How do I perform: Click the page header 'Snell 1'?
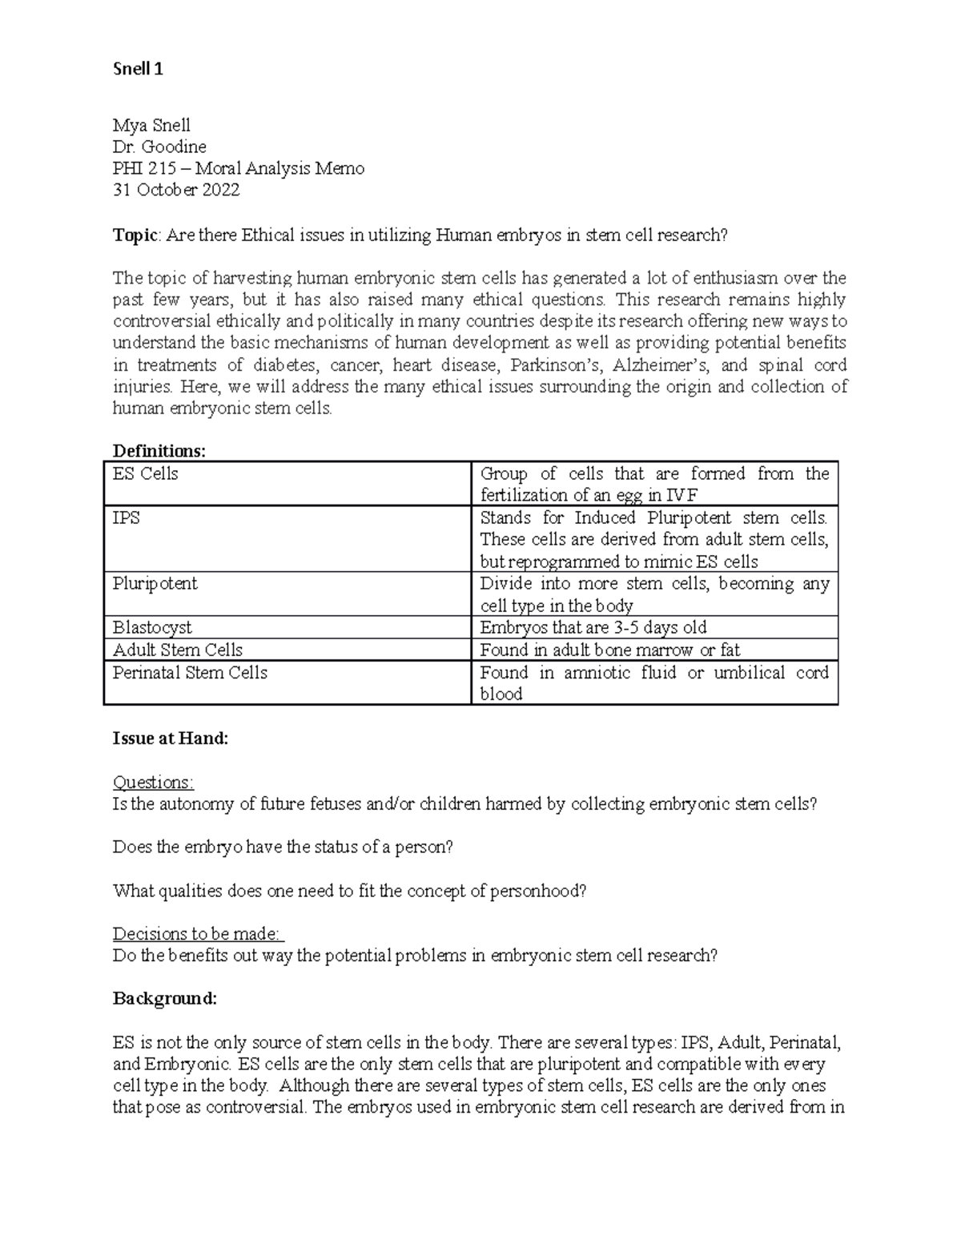138,69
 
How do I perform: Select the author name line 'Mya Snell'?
151,125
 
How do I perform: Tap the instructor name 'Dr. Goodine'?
159,147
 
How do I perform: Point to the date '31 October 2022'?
176,190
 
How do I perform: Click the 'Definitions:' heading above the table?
159,451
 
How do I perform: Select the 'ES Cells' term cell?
146,474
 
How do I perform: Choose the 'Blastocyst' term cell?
152,627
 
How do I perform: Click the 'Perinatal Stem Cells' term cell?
190,672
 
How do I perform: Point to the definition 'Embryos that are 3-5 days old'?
593,627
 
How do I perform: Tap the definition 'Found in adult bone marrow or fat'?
609,650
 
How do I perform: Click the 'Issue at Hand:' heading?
171,739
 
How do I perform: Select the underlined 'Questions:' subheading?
153,782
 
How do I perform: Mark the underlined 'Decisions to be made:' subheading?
198,933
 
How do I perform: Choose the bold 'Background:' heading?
165,999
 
